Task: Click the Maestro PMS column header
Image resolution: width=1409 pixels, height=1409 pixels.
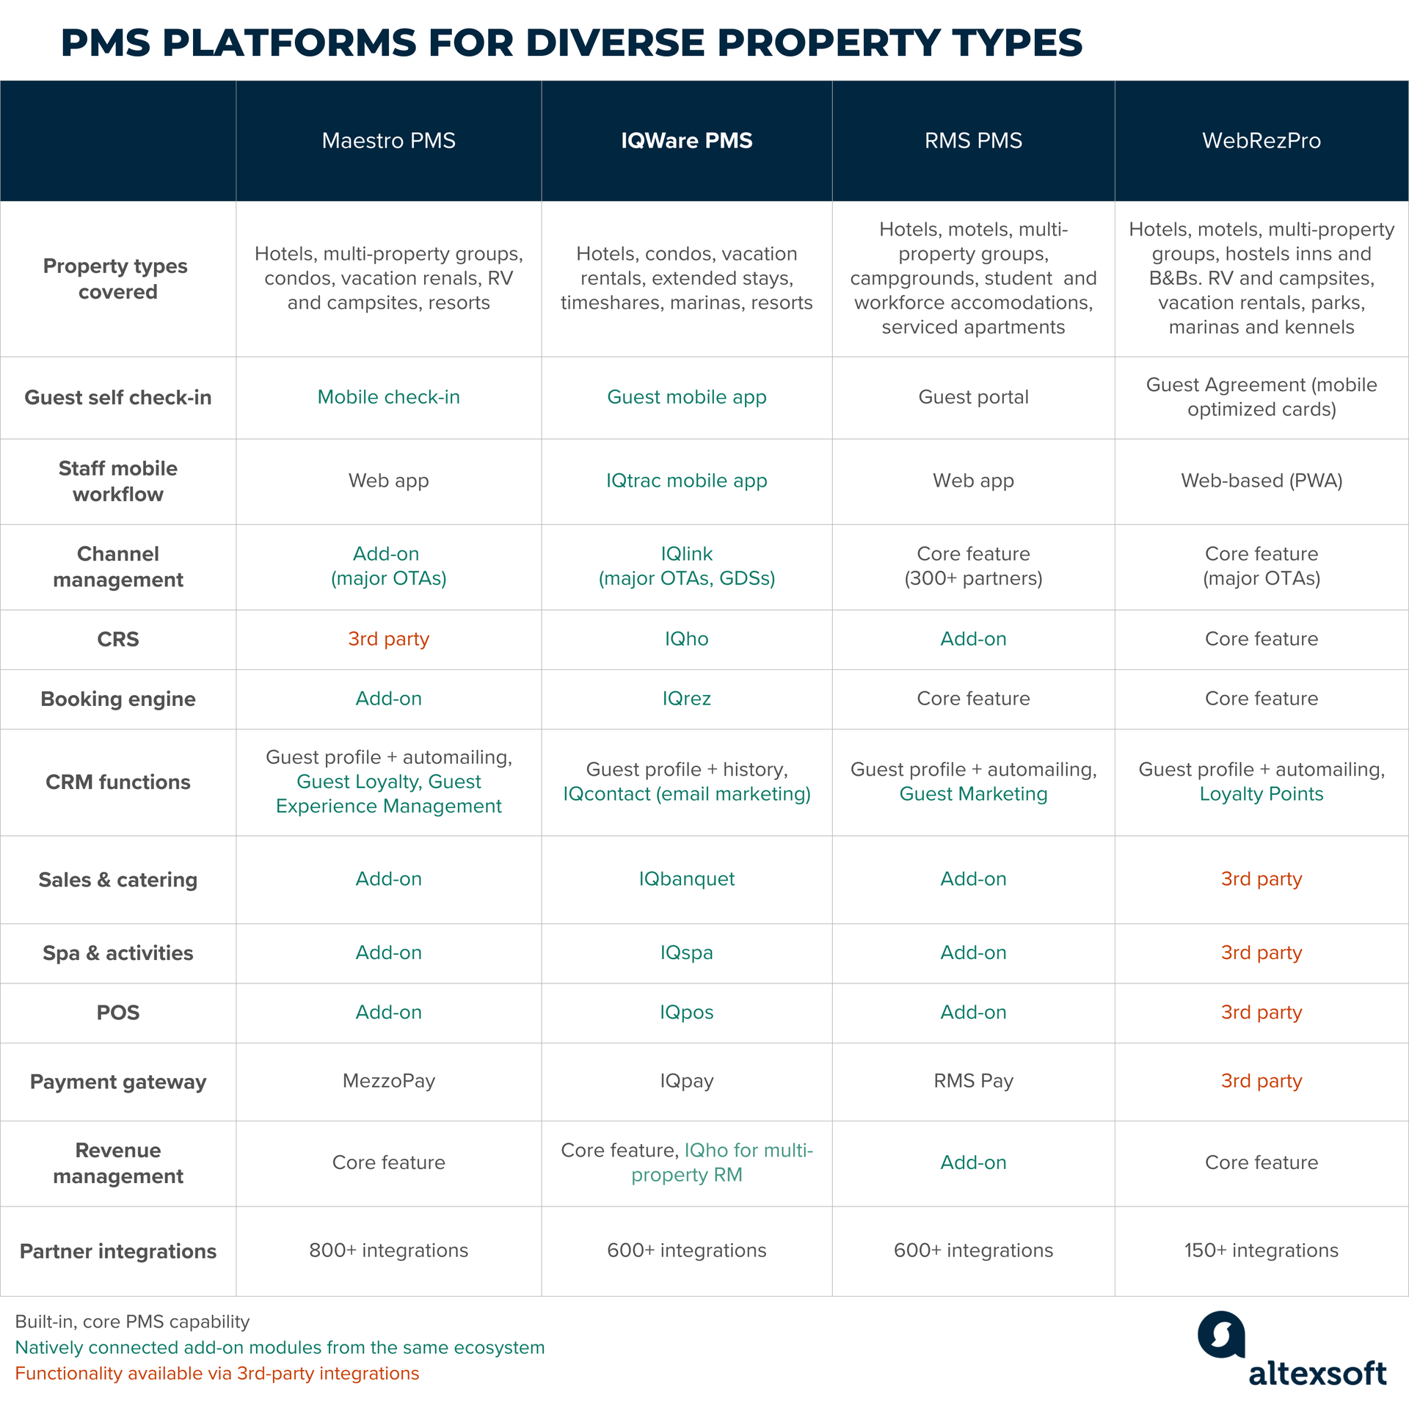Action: (x=388, y=140)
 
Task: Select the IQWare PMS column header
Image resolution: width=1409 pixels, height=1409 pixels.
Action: (x=686, y=140)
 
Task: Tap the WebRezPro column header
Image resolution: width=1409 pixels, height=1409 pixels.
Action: (x=1261, y=140)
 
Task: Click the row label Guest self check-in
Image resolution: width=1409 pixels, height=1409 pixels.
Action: (x=117, y=397)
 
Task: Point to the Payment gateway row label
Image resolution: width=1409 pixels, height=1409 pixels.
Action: (x=117, y=1082)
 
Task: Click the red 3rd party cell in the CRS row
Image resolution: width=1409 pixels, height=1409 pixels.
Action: (x=388, y=638)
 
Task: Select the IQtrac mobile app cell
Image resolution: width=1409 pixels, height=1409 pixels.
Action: (x=686, y=481)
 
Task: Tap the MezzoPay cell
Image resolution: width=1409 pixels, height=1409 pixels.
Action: (x=388, y=1080)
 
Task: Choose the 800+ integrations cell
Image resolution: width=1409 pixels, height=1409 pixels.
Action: (x=388, y=1250)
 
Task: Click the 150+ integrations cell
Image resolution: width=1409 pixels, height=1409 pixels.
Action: (x=1261, y=1250)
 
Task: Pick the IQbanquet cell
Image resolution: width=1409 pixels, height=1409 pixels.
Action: (x=686, y=878)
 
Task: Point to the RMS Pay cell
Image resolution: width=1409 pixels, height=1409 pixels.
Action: (x=973, y=1080)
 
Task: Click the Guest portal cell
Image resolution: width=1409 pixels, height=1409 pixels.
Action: (x=973, y=397)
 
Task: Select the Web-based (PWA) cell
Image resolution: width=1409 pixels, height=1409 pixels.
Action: (x=1261, y=481)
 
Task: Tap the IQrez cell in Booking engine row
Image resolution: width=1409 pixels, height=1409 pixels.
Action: (x=686, y=698)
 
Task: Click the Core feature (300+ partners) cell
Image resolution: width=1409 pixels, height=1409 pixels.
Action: (x=973, y=566)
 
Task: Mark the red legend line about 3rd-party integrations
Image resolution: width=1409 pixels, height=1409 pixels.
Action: (x=216, y=1373)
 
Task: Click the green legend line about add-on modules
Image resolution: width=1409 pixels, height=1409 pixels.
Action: (x=280, y=1347)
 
